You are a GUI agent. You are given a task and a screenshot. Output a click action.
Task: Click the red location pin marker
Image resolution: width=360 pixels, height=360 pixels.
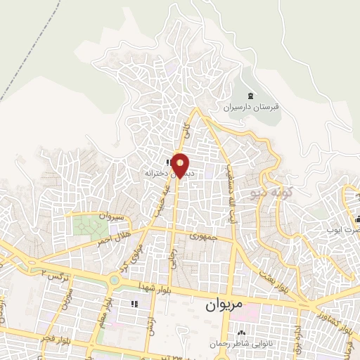click(181, 165)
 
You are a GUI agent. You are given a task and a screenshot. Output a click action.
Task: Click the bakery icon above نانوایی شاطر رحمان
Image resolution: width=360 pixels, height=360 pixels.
click(242, 333)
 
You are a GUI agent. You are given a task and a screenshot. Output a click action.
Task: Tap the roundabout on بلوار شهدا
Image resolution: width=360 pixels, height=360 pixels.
click(115, 280)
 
